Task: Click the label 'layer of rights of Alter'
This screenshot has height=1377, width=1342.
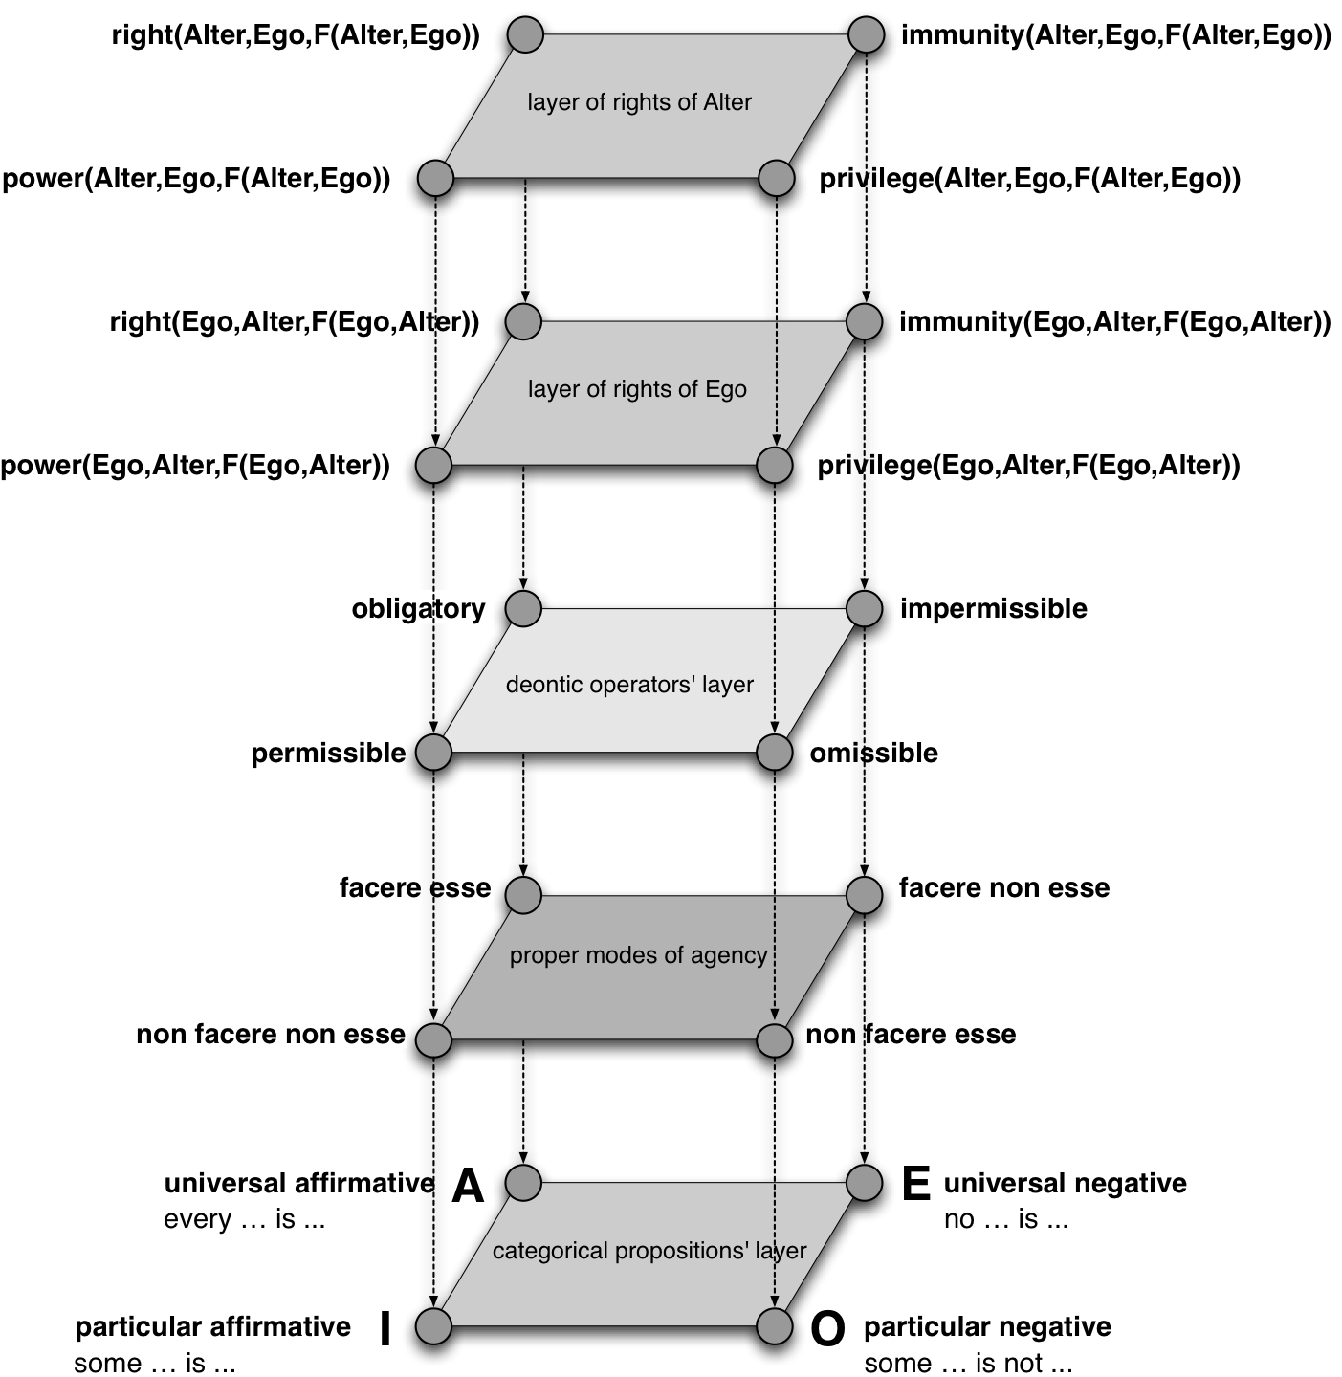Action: [639, 102]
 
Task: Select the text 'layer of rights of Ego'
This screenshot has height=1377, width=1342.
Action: [637, 389]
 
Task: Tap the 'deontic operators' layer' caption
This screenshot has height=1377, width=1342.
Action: [629, 685]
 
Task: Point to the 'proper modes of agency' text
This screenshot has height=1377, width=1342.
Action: [638, 955]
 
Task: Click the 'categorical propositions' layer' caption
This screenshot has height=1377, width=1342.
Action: [649, 1251]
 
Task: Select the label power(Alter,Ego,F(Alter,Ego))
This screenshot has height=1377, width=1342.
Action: [197, 179]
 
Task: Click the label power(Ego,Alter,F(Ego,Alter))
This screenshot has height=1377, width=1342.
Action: [196, 466]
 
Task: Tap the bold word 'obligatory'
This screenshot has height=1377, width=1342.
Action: [418, 609]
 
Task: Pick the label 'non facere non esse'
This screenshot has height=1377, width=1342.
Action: [271, 1034]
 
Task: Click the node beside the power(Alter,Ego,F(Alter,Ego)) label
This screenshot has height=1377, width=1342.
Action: [436, 179]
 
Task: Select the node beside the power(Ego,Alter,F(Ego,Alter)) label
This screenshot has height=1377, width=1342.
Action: [434, 466]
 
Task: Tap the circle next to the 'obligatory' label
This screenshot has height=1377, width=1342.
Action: [523, 608]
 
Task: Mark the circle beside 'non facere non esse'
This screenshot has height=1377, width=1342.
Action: [434, 1039]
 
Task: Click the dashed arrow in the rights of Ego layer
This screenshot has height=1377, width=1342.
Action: [777, 382]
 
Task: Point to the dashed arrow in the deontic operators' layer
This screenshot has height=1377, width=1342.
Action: [775, 669]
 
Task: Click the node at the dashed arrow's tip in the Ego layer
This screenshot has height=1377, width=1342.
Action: [775, 466]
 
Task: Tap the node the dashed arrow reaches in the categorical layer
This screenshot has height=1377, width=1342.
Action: [775, 1326]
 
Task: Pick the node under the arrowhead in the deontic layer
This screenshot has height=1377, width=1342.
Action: [775, 753]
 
